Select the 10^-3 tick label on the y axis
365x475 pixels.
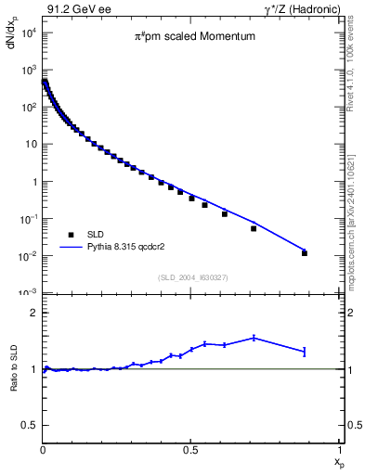28,293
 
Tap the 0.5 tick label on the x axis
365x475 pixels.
191,450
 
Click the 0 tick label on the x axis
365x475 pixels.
43,450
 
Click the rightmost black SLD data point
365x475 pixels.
305,253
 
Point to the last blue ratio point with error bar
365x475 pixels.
305,351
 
